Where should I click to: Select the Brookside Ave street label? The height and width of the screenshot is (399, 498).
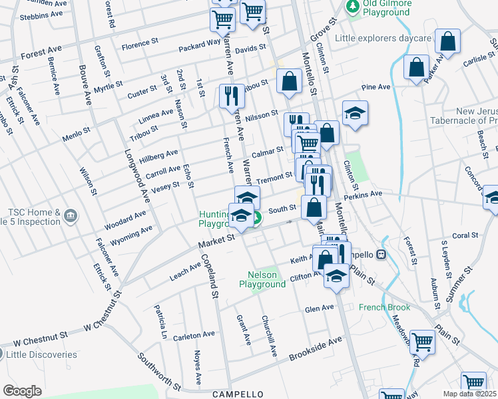[x=315, y=348]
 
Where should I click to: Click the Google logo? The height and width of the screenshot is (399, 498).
[x=22, y=390]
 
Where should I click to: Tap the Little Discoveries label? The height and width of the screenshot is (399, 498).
[x=42, y=354]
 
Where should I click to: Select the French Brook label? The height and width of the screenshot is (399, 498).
[x=384, y=307]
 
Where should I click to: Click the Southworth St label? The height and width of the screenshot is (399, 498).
[x=160, y=371]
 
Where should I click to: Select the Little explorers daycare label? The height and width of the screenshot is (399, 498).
[x=383, y=39]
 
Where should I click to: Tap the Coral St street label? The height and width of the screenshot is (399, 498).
[x=465, y=235]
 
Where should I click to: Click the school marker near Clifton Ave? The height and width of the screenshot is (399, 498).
[x=337, y=275]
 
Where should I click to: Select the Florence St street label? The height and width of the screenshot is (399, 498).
[x=139, y=47]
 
